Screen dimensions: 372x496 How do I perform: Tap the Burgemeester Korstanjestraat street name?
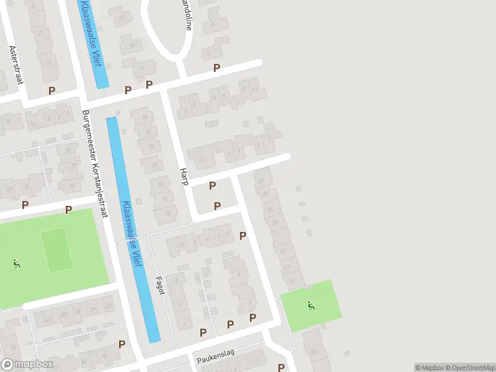pos(94,165)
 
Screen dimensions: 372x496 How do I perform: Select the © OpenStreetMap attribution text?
pos(467,368)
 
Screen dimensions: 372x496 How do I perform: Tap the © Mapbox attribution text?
pos(428,368)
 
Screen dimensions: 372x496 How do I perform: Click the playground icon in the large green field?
pos(16,263)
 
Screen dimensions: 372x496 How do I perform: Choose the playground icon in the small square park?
pos(310,305)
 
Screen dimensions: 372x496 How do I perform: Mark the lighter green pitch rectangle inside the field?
pos(56,249)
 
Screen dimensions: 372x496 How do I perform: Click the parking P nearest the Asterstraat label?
pos(51,91)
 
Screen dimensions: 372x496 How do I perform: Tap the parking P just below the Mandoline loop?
pos(216,68)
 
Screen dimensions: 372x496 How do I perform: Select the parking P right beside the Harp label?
pos(213,185)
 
